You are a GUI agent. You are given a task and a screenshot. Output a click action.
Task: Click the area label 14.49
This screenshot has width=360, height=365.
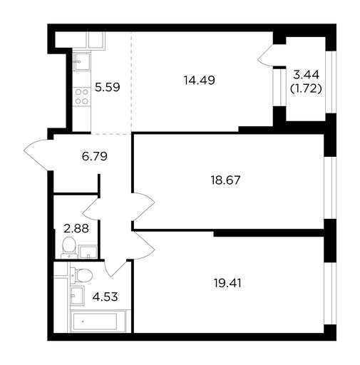(x=199, y=80)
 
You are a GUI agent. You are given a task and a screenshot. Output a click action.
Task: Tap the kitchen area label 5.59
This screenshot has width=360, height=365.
(x=108, y=87)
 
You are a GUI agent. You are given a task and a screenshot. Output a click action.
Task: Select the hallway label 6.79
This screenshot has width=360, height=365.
(x=95, y=156)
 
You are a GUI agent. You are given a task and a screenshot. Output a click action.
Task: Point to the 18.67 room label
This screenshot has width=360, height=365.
(x=225, y=180)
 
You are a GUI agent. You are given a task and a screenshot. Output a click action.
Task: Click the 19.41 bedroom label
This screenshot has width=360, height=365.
(x=227, y=283)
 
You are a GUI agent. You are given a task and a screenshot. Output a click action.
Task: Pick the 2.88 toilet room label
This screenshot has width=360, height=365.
(x=76, y=229)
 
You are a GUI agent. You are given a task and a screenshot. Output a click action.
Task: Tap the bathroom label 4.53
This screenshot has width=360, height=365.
(x=105, y=297)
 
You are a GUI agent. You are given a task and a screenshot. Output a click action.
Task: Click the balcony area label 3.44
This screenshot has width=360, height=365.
(x=306, y=75)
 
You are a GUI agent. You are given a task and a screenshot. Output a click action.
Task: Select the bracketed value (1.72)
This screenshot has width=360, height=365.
(x=306, y=88)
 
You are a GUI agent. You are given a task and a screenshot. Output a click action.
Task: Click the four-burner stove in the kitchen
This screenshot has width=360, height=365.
(x=81, y=97)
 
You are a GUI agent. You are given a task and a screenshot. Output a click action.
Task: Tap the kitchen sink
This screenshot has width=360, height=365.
(x=82, y=61)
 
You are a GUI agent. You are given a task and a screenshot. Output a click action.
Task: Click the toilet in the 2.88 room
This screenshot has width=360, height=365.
(x=69, y=247)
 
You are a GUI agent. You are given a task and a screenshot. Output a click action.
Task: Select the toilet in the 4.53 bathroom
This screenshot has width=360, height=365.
(x=81, y=275)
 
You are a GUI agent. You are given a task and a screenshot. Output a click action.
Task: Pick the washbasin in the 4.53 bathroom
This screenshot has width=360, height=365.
(x=77, y=296)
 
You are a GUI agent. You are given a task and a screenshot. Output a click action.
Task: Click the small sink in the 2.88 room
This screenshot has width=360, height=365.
(x=88, y=252)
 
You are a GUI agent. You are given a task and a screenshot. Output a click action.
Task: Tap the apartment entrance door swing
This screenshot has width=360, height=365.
(x=38, y=155)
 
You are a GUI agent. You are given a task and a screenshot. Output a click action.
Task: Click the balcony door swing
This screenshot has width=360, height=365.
(x=266, y=56)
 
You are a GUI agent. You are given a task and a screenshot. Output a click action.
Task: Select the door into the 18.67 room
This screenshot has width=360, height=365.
(x=143, y=207)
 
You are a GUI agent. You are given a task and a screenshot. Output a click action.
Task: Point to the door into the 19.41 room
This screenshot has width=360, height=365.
(x=143, y=245)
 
